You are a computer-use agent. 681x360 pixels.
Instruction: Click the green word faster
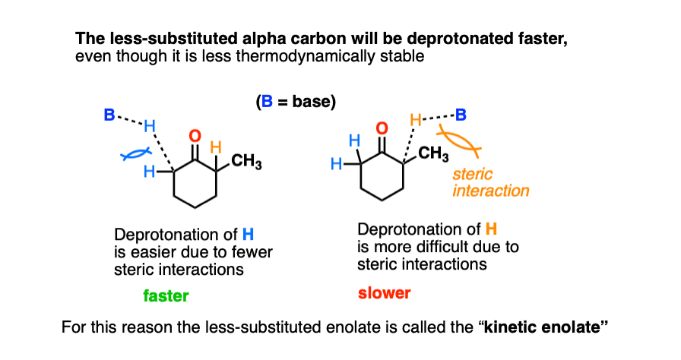pyautogui.click(x=166, y=295)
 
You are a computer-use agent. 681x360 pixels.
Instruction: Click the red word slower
pyautogui.click(x=385, y=293)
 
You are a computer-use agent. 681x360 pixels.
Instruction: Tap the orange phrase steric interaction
pyautogui.click(x=491, y=182)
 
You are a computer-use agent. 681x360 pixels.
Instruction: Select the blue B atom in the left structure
pyautogui.click(x=109, y=115)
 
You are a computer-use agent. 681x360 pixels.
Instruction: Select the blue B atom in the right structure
pyautogui.click(x=461, y=115)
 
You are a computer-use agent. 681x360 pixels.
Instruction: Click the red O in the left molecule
pyautogui.click(x=195, y=136)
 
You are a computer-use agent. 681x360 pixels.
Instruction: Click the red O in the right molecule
pyautogui.click(x=382, y=128)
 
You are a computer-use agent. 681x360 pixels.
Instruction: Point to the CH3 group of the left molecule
pyautogui.click(x=246, y=161)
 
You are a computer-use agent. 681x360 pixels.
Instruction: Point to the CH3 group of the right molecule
pyautogui.click(x=433, y=153)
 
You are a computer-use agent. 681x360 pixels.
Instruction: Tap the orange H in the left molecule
pyautogui.click(x=216, y=147)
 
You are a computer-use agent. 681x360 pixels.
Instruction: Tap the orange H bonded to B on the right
pyautogui.click(x=416, y=120)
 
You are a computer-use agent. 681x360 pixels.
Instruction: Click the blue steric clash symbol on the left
pyautogui.click(x=136, y=154)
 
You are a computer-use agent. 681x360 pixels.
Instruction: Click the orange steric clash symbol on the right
pyautogui.click(x=458, y=141)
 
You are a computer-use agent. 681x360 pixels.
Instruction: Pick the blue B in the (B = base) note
pyautogui.click(x=267, y=102)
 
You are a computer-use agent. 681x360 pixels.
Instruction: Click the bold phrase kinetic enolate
pyautogui.click(x=542, y=327)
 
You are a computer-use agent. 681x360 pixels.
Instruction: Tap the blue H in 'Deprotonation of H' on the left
pyautogui.click(x=248, y=235)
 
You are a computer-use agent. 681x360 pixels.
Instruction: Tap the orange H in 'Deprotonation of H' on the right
pyautogui.click(x=491, y=229)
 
